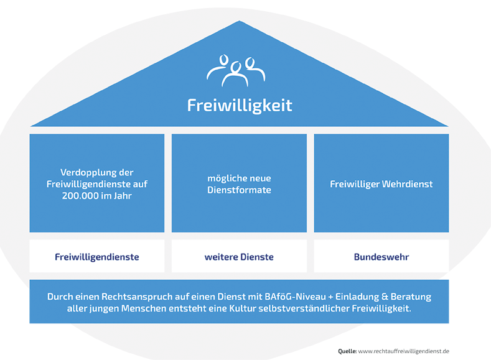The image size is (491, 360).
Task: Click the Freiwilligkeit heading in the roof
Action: coord(240,104)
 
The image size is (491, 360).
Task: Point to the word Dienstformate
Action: coord(239,190)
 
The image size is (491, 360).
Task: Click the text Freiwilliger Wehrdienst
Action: coord(381,184)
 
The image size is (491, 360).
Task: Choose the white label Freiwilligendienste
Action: coord(96,256)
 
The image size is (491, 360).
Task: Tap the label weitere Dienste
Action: coord(239,256)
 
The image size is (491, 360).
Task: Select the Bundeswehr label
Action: coord(381,256)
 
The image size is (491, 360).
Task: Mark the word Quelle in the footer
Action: coord(347,351)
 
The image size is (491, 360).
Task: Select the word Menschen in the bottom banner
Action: coord(143,309)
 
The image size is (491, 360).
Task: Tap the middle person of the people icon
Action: coord(235,72)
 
